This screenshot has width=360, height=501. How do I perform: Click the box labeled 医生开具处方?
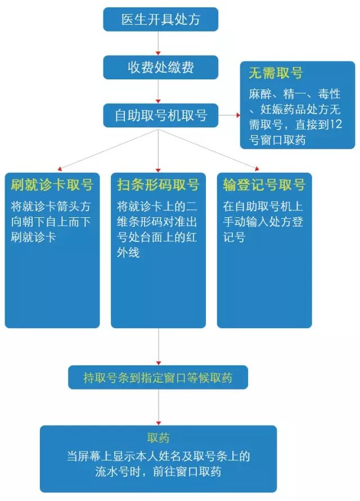click(x=161, y=20)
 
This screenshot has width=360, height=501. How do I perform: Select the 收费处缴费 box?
click(x=161, y=68)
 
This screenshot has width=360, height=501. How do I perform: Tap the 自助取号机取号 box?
click(x=161, y=115)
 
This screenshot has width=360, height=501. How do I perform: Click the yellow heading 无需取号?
click(x=276, y=73)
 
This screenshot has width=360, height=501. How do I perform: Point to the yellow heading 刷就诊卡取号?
click(x=52, y=185)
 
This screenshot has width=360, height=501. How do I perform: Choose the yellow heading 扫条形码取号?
click(x=158, y=185)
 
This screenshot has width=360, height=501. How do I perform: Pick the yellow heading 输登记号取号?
click(x=264, y=185)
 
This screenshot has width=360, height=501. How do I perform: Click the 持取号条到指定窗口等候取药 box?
click(x=158, y=378)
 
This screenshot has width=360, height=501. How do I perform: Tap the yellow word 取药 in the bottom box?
click(x=158, y=438)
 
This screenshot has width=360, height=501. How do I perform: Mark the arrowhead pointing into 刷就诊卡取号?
click(x=60, y=168)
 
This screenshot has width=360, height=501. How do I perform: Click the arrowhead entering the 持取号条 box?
click(x=159, y=363)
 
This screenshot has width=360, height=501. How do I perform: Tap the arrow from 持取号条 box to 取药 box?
click(x=159, y=408)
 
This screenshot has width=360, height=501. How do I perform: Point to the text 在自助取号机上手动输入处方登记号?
click(x=263, y=221)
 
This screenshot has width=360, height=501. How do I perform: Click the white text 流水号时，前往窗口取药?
click(x=158, y=472)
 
